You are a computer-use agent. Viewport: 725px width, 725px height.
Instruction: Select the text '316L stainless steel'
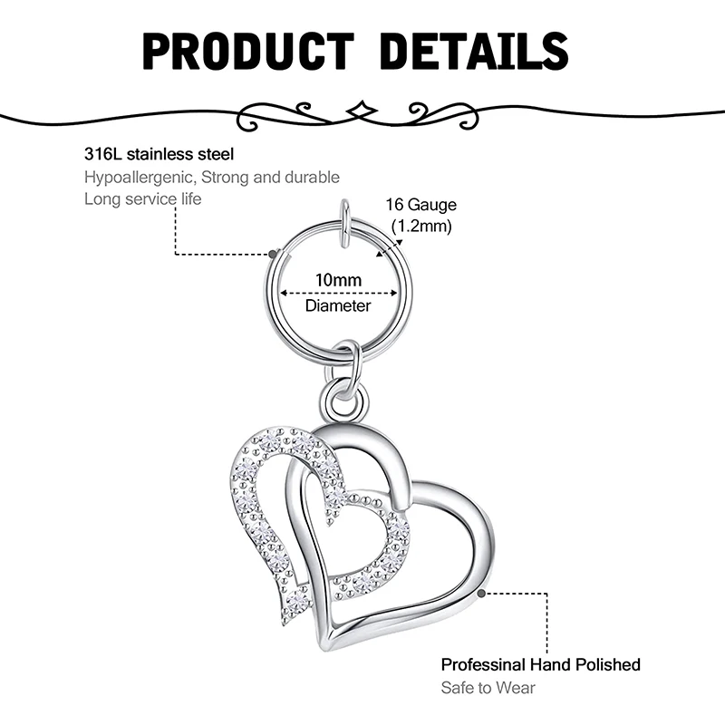[x=159, y=154]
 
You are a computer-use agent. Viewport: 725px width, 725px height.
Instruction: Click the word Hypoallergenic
[x=140, y=177]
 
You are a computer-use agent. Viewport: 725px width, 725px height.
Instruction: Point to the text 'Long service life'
[x=143, y=198]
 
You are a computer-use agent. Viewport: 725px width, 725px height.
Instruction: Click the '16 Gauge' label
[x=422, y=206]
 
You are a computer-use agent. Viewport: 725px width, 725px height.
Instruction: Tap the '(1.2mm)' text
[x=420, y=227]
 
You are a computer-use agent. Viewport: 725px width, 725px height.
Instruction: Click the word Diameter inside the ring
[x=338, y=306]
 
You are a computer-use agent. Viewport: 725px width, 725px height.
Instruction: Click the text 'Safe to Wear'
[x=488, y=687]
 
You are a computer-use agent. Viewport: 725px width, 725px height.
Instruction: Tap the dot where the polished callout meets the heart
[x=480, y=594]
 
